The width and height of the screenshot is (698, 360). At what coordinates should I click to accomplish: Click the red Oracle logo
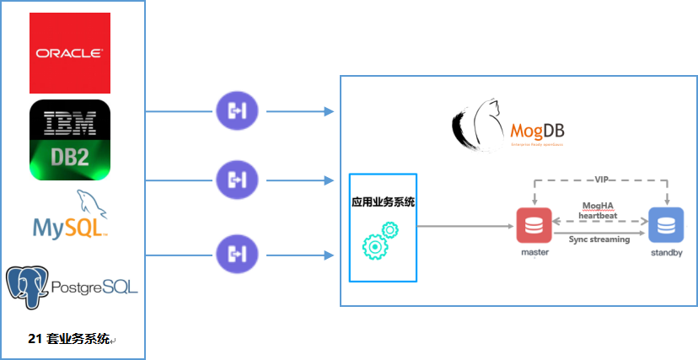coord(70,52)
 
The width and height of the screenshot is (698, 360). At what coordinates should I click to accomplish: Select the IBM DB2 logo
coord(70,140)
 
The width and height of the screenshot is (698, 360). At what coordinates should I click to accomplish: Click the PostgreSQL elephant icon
coord(25,286)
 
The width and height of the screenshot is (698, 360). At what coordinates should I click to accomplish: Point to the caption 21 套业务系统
coord(69,339)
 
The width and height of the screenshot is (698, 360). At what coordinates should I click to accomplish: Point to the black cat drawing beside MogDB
coord(478,126)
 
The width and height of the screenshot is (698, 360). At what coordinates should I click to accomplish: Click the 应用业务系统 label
coord(383,203)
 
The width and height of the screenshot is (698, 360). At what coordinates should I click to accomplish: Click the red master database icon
coord(534,225)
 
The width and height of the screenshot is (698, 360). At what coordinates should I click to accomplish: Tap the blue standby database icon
coord(665,225)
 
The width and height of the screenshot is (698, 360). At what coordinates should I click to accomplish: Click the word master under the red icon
coord(534,252)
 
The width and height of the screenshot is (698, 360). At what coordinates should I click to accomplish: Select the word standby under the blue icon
coord(666,252)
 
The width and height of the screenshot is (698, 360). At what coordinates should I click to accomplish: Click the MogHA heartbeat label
coord(599,210)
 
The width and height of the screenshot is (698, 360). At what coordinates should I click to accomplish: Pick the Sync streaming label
coord(599,239)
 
